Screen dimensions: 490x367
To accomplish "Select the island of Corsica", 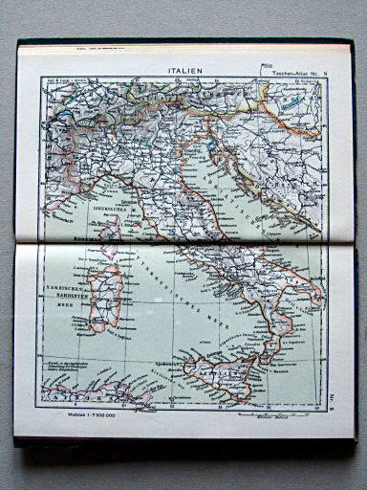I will pos(112,228).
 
